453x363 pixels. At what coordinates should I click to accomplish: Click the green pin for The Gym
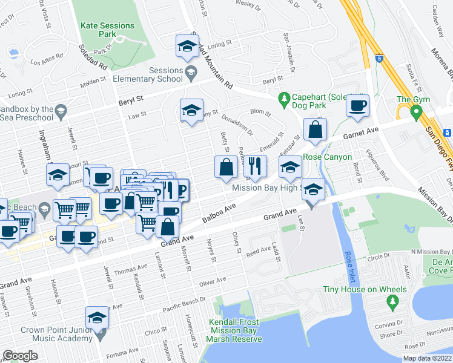[415, 113]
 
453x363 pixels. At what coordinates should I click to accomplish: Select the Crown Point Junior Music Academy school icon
[98, 318]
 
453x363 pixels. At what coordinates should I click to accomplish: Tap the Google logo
[20, 356]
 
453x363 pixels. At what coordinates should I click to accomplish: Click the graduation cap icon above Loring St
[188, 46]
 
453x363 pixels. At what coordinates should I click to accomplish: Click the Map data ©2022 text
[427, 358]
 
